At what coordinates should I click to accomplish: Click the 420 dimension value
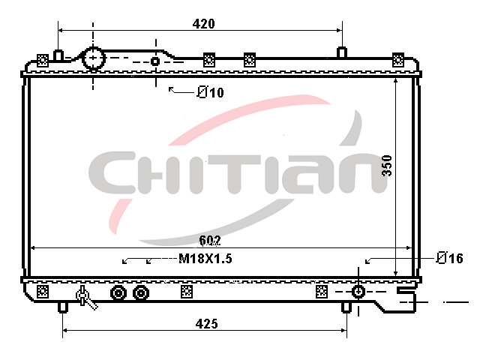(203, 23)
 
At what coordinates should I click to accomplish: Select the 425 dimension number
(207, 323)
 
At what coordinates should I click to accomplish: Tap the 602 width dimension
(210, 241)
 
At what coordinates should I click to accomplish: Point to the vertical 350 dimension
(387, 166)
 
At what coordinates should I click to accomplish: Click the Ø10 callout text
(210, 91)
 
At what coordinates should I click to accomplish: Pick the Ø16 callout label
(450, 258)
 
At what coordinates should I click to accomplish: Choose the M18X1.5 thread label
(205, 259)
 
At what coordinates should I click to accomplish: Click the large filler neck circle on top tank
(94, 58)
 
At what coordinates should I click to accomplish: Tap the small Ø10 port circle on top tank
(155, 61)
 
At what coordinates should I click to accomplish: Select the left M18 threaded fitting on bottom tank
(118, 293)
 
